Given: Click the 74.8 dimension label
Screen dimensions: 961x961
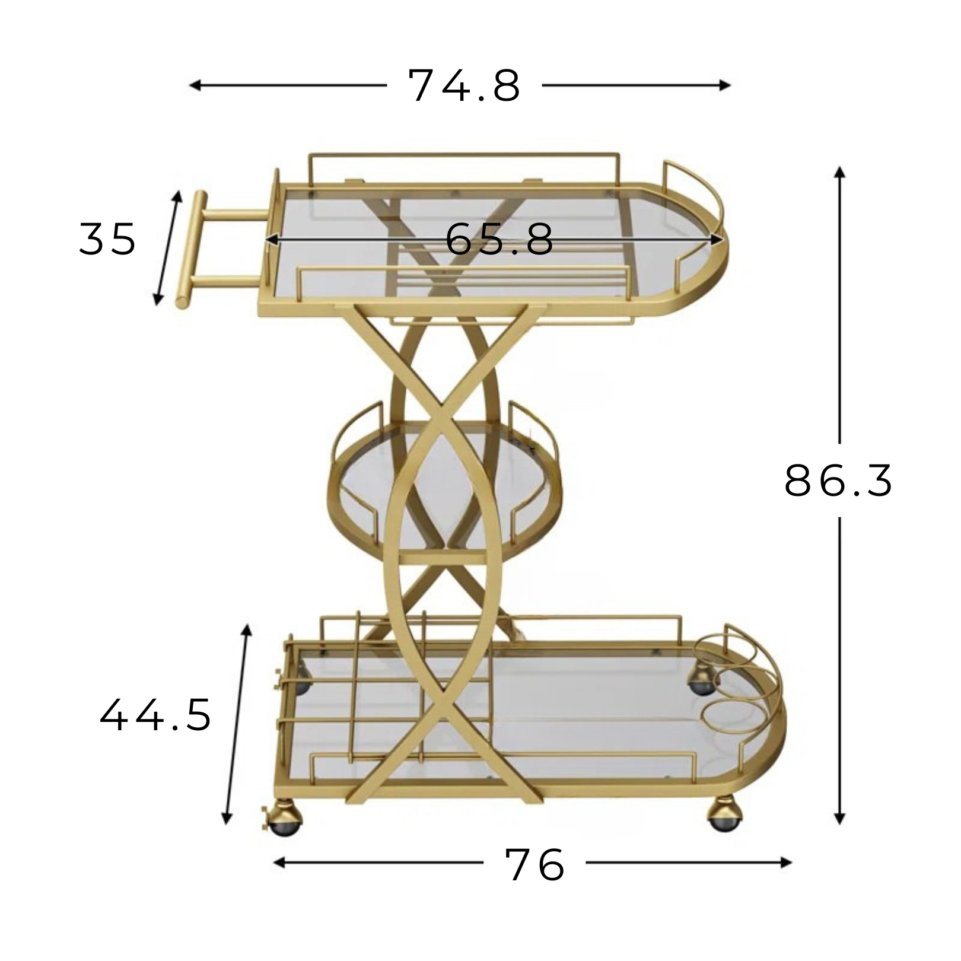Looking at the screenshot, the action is (464, 85).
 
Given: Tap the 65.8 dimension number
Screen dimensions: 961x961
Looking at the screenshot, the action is (499, 240).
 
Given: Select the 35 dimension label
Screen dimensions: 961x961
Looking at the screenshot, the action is (107, 239).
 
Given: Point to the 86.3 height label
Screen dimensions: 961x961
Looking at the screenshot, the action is (838, 480).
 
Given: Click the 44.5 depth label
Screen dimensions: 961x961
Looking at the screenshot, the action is (155, 715).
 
